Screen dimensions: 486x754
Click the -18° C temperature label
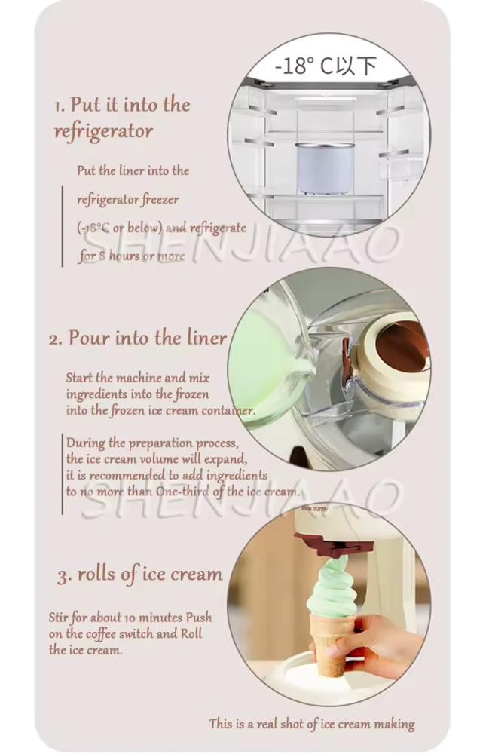click(x=326, y=66)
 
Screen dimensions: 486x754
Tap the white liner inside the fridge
click(x=325, y=168)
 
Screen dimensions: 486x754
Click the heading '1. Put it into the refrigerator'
click(x=121, y=118)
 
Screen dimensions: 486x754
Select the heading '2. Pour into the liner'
click(x=137, y=338)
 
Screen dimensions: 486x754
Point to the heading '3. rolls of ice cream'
click(x=140, y=575)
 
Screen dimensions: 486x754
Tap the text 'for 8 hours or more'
click(x=132, y=256)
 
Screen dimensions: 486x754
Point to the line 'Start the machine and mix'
click(x=138, y=378)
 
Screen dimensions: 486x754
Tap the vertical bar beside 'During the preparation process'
click(x=63, y=474)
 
